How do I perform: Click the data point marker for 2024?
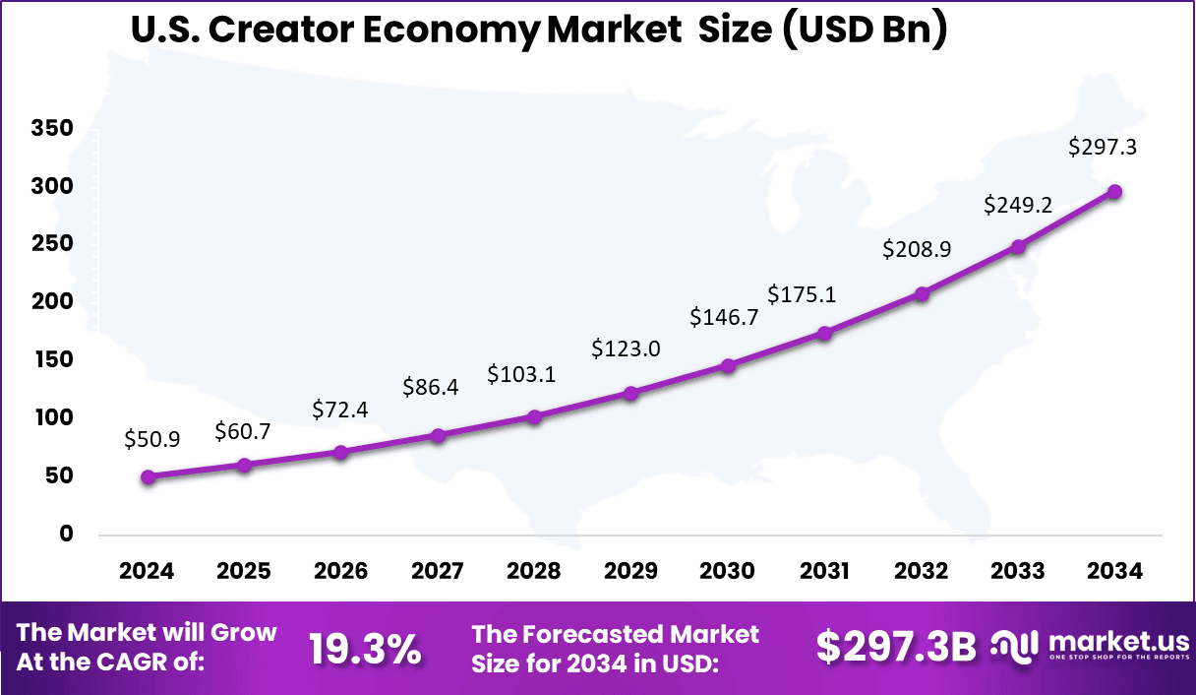pos(148,477)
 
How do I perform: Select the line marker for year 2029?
pos(631,394)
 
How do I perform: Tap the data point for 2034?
pos(1115,192)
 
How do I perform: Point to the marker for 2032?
pos(922,293)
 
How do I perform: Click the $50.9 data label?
pos(152,440)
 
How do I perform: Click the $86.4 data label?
pos(431,387)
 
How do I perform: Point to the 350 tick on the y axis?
pos(52,129)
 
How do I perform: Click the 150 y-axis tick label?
pos(52,360)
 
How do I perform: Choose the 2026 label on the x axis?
pos(341,571)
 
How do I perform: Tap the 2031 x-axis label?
pos(824,571)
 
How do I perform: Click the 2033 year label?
pos(1018,571)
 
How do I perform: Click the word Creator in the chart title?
pos(274,31)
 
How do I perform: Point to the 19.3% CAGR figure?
pos(365,649)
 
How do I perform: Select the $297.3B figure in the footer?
pos(896,647)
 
